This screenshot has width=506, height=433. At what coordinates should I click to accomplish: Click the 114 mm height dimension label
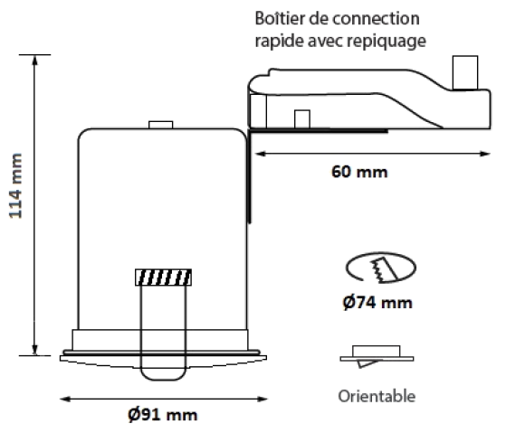(x=15, y=186)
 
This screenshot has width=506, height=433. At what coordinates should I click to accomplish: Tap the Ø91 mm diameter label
(x=162, y=415)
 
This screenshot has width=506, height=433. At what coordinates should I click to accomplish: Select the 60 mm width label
(x=359, y=172)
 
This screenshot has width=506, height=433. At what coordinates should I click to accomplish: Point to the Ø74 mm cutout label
(x=377, y=303)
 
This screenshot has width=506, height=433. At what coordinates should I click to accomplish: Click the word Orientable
(x=377, y=396)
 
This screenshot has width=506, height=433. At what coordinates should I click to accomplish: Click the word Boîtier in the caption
(x=280, y=18)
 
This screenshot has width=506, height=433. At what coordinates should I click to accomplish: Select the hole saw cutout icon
(x=381, y=268)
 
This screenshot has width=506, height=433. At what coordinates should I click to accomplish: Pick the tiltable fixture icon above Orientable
(x=377, y=356)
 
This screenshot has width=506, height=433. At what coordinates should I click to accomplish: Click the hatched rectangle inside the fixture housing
(x=163, y=278)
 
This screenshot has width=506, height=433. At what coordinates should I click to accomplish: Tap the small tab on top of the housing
(x=161, y=125)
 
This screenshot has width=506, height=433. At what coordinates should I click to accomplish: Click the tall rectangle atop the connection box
(x=465, y=72)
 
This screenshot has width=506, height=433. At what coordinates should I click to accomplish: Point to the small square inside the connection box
(x=302, y=119)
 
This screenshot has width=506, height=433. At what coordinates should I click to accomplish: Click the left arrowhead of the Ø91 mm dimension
(x=63, y=400)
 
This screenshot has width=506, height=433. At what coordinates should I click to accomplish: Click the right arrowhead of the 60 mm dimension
(x=487, y=154)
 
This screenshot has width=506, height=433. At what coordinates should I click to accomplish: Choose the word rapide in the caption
(x=279, y=41)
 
